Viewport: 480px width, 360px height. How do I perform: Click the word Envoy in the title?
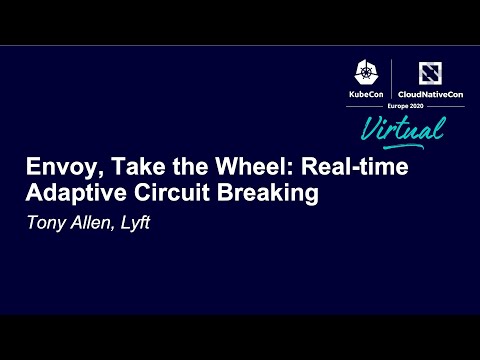pyautogui.click(x=55, y=168)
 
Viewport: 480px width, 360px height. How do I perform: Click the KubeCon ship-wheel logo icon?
pyautogui.click(x=365, y=72)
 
